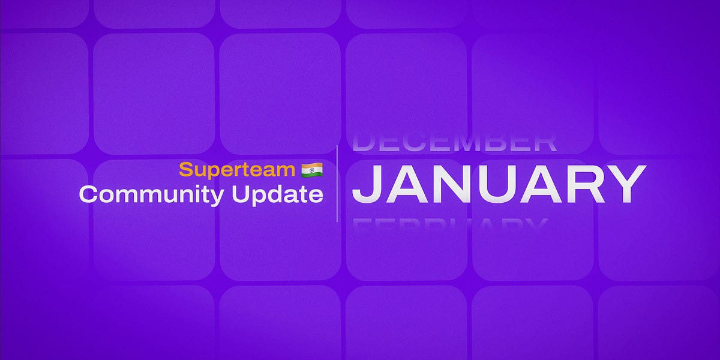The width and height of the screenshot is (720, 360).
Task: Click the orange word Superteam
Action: point(238,170)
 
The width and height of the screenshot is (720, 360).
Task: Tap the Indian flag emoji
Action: point(312,170)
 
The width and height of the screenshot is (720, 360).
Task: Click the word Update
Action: point(281,194)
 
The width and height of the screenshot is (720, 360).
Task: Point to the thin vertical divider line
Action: point(337,183)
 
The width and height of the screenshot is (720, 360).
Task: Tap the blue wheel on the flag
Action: point(312,170)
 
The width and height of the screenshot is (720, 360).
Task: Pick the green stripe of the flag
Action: point(312,175)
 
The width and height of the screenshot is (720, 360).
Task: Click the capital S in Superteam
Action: point(184,170)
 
